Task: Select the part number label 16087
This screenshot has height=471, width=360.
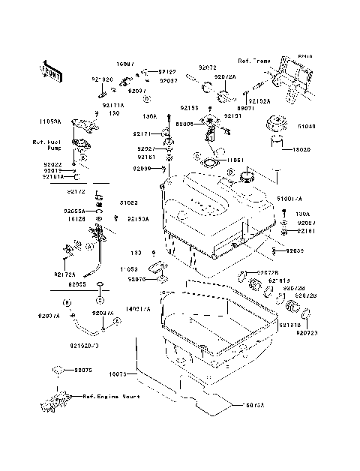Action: click(x=125, y=64)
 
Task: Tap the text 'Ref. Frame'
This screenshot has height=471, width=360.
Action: click(x=253, y=60)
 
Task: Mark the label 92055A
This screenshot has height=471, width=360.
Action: click(x=76, y=211)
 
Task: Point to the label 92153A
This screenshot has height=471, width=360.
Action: click(x=137, y=219)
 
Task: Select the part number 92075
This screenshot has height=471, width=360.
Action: click(x=82, y=370)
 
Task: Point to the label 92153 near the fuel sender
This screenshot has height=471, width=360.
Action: click(x=187, y=109)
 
